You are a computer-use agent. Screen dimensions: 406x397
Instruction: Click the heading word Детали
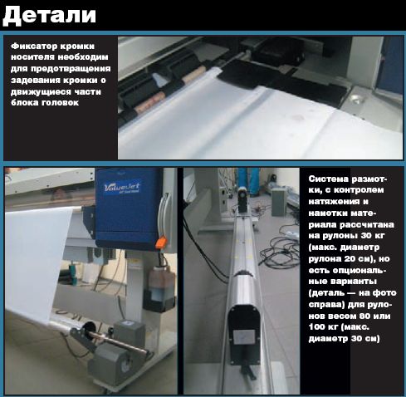click(x=49, y=16)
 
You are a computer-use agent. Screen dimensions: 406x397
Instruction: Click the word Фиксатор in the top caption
click(x=30, y=46)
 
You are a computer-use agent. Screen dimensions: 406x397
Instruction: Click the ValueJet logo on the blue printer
click(x=122, y=189)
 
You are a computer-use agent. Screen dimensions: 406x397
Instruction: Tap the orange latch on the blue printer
click(x=160, y=242)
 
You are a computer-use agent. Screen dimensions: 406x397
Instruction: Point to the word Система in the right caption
click(x=329, y=179)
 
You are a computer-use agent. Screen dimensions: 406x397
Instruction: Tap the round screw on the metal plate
click(x=356, y=98)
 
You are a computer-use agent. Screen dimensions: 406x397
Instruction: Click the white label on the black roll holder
click(x=243, y=337)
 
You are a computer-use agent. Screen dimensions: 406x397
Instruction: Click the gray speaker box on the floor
click(x=279, y=202)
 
